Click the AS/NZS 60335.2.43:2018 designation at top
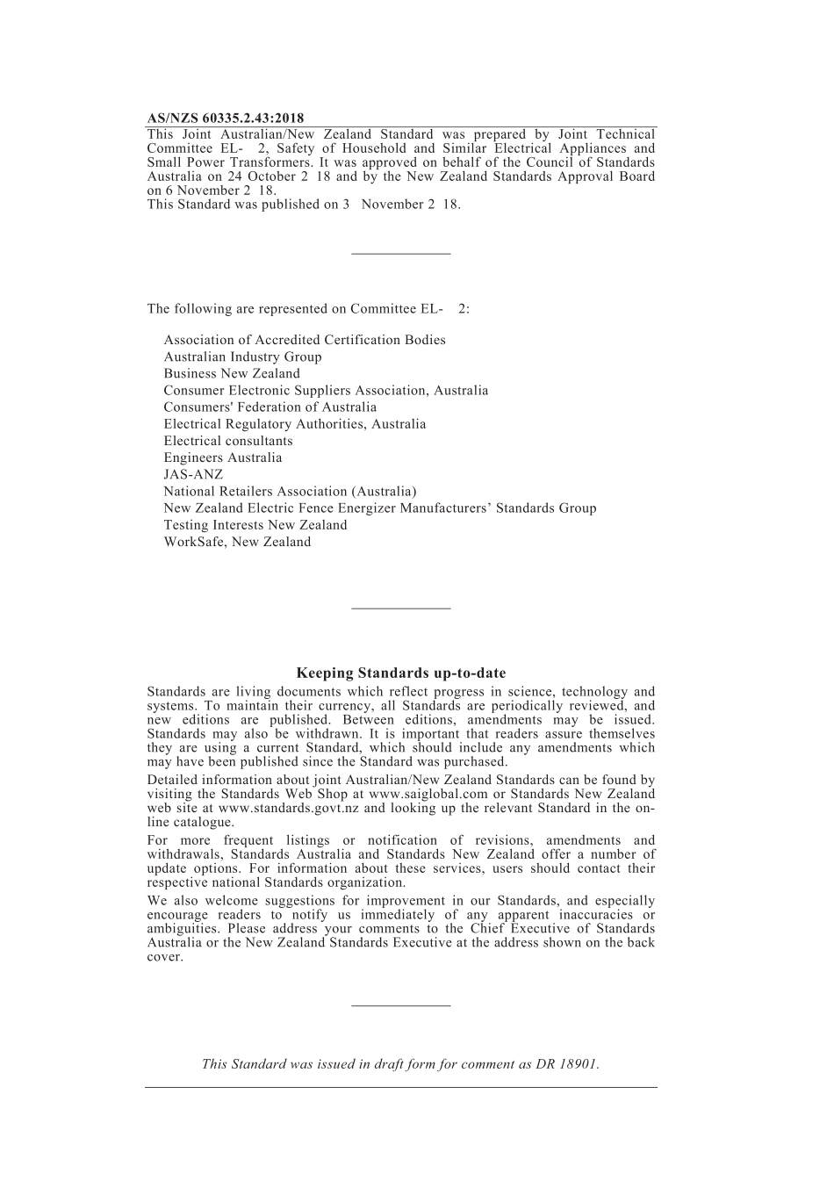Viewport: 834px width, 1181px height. [x=226, y=119]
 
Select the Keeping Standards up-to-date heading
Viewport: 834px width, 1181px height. [x=400, y=673]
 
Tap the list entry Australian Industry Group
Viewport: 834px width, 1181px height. [x=242, y=357]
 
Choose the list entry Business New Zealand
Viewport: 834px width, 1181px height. [x=232, y=374]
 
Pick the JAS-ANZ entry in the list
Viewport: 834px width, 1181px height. [x=193, y=475]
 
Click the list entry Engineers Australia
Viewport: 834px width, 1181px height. [x=223, y=458]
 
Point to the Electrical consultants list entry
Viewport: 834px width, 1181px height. [x=228, y=442]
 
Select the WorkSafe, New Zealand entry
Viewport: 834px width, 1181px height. [x=237, y=543]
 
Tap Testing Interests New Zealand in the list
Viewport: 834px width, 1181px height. [x=255, y=526]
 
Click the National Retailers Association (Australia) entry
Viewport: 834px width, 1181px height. [x=290, y=492]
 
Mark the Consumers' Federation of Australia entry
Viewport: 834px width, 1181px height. [x=270, y=407]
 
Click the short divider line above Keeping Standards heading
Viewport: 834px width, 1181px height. [x=400, y=608]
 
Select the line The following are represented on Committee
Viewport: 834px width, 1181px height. [x=308, y=309]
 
